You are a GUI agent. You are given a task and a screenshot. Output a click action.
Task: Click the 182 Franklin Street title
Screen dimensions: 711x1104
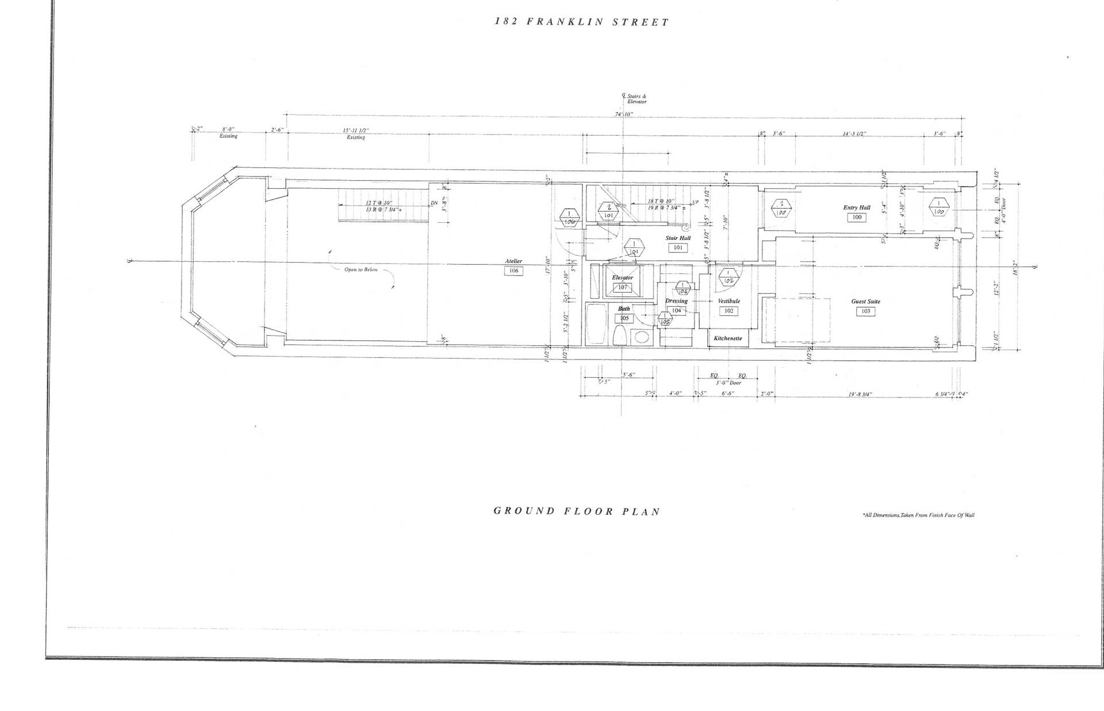tap(582, 22)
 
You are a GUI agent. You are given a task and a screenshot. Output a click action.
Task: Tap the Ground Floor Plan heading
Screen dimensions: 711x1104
tap(577, 511)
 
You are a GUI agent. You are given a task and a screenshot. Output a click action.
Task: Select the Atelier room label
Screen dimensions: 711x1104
tap(513, 261)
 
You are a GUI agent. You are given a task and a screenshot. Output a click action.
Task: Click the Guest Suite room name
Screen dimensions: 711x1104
tap(865, 301)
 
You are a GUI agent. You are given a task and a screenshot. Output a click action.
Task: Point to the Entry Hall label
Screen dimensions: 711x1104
tap(857, 208)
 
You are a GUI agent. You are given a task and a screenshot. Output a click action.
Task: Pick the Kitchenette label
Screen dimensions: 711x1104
tap(727, 338)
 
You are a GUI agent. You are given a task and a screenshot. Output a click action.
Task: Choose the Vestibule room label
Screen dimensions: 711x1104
tap(729, 301)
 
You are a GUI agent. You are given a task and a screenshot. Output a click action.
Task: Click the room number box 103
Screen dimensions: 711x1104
tap(865, 311)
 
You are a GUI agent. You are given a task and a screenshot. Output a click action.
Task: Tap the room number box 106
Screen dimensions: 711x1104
tap(513, 270)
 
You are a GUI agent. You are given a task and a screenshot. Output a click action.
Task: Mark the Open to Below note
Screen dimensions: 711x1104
tap(361, 269)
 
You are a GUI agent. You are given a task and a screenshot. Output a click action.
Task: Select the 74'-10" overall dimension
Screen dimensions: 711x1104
tap(624, 114)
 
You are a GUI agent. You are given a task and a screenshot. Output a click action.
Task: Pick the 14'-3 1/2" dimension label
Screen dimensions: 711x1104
tap(854, 134)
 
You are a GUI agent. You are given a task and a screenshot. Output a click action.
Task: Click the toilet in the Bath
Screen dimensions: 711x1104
tap(620, 335)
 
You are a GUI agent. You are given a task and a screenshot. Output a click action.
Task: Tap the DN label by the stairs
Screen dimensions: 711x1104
tap(434, 203)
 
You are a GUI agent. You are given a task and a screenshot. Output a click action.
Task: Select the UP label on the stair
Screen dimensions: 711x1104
tap(695, 202)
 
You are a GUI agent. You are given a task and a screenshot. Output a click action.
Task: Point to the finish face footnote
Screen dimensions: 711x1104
tap(918, 515)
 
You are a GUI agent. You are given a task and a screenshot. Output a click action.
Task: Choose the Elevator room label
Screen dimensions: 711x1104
tap(622, 277)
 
